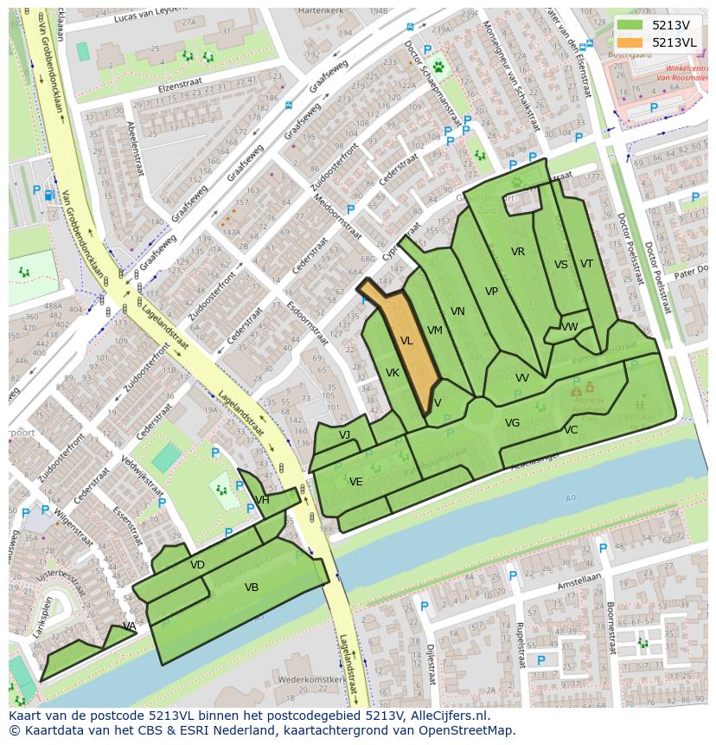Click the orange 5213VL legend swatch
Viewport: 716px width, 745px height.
pos(631,42)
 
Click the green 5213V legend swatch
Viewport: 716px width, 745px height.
pos(631,25)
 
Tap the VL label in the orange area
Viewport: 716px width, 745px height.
pos(406,342)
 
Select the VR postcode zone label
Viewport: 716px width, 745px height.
pos(518,252)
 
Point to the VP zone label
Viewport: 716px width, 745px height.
pos(491,292)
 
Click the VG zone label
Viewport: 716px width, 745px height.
pos(512,423)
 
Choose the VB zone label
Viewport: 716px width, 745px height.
pos(252,588)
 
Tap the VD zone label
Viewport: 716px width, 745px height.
pos(197,565)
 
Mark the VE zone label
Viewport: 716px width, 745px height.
pos(355,482)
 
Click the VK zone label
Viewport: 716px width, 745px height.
pos(392,373)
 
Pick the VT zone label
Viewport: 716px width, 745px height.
pos(587,264)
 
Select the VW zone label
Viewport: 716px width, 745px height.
pos(570,327)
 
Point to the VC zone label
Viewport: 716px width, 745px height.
pos(571,430)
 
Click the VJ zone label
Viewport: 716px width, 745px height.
pos(344,435)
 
